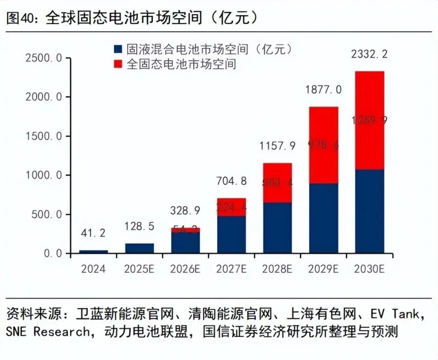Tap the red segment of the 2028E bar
click(277, 183)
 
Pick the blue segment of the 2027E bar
click(231, 235)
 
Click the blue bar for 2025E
click(139, 248)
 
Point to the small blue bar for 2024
click(93, 252)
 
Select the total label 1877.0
click(323, 89)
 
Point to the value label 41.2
click(93, 234)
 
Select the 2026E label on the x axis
click(185, 269)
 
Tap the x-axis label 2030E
click(369, 269)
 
